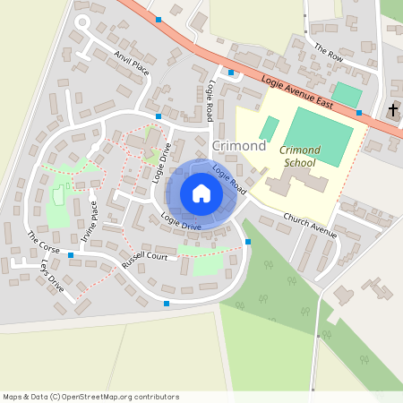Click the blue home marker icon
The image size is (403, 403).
tap(201, 193)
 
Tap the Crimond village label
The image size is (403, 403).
tap(238, 145)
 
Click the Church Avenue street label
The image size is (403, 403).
tap(310, 226)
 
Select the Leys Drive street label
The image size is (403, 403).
tap(52, 277)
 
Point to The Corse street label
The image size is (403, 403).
tap(42, 242)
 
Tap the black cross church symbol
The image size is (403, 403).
tap(392, 110)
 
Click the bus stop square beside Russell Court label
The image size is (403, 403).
tap(70, 254)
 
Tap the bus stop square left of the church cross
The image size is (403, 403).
tap(359, 113)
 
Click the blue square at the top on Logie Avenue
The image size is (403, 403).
tap(159, 19)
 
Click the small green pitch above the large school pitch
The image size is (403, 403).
tap(346, 94)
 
